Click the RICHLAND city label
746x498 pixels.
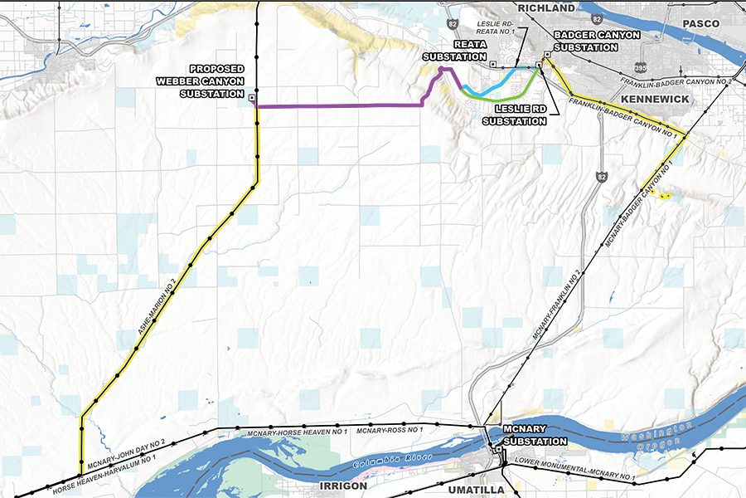coord(546,8)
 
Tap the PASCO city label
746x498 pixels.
coord(701,24)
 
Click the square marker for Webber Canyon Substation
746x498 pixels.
coord(252,106)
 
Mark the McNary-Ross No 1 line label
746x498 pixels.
coord(390,430)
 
